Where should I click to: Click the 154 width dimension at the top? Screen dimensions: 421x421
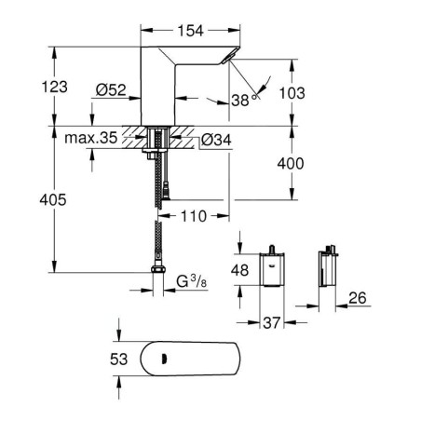(190, 31)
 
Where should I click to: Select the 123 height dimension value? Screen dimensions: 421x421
(55, 87)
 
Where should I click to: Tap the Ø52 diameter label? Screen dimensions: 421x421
(111, 90)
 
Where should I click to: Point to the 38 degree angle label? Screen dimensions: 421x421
(244, 100)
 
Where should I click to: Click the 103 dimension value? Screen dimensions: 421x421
(292, 93)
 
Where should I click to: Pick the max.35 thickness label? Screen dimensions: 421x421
(91, 138)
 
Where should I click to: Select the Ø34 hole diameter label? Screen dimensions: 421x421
(216, 140)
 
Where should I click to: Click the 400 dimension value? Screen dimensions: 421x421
(291, 163)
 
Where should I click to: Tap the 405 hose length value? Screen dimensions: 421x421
(53, 199)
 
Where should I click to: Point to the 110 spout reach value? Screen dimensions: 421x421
(194, 216)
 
